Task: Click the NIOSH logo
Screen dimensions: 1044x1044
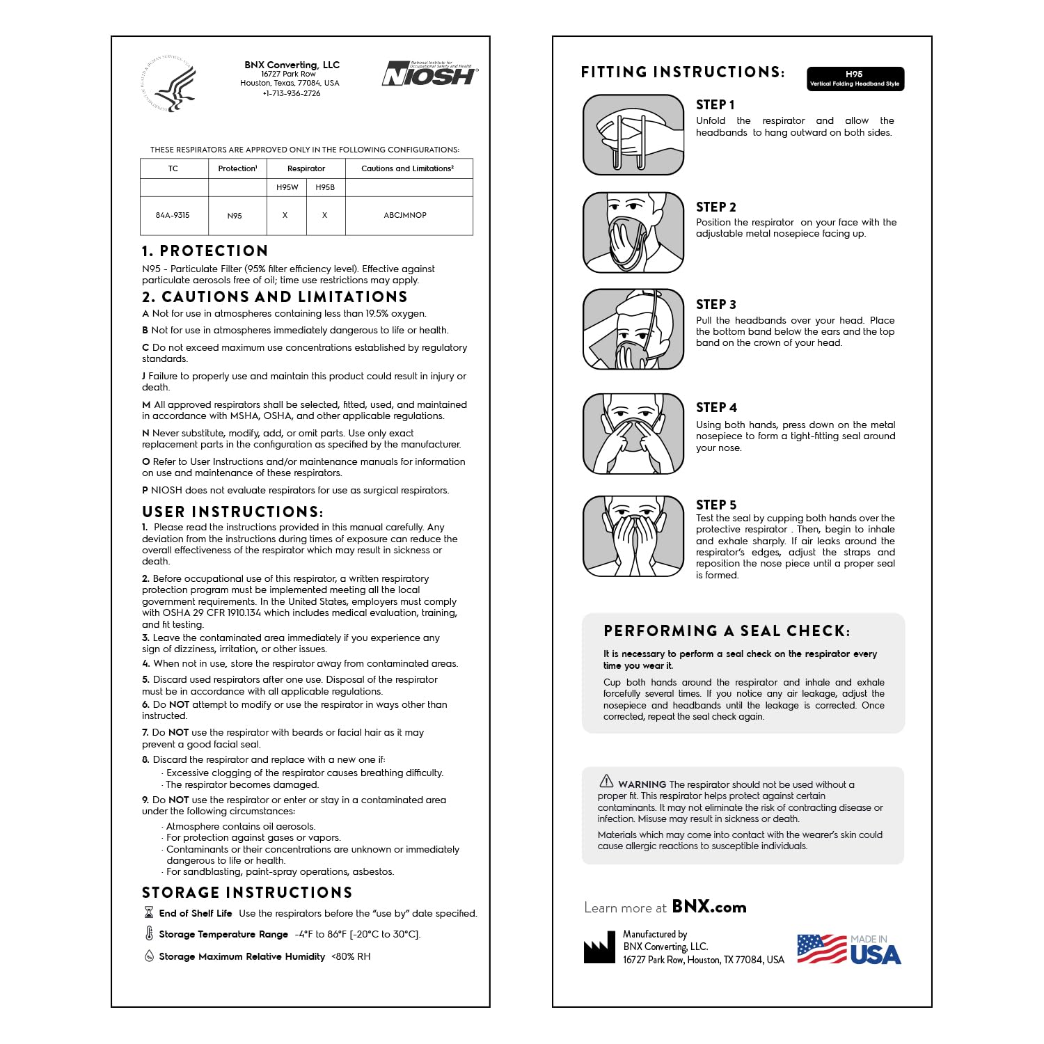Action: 429,74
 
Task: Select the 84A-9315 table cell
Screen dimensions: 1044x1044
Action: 173,216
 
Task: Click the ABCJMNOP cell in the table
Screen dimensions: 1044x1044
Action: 405,216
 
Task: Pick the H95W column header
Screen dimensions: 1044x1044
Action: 287,187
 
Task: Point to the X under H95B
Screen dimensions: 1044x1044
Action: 324,216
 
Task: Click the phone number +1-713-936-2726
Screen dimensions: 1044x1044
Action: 291,93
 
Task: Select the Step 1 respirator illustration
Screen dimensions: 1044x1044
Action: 633,134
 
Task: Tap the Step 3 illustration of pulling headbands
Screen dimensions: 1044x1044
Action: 633,329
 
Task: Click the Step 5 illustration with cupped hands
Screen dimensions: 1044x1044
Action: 633,536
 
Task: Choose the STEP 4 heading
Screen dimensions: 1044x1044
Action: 716,408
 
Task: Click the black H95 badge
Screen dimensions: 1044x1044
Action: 855,79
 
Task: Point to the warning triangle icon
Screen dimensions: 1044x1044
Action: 607,781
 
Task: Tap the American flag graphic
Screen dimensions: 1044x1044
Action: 821,949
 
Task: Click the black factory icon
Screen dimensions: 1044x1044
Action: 599,948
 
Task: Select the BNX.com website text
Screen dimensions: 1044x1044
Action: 709,907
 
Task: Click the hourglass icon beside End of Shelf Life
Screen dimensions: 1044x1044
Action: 148,912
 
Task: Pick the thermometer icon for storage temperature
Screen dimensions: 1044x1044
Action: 149,934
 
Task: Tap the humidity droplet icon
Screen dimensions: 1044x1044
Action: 149,956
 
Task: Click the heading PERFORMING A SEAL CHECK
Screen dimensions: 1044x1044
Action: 727,631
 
